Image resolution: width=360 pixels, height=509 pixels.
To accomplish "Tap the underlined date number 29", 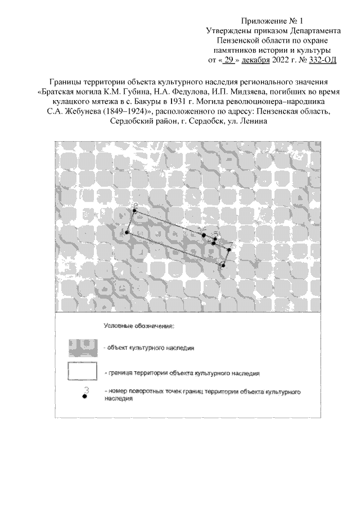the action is pyautogui.click(x=229, y=60).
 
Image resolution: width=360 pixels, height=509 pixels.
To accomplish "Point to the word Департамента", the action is pyautogui.click(x=315, y=31).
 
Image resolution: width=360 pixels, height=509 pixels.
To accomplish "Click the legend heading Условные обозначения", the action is pyautogui.click(x=139, y=326).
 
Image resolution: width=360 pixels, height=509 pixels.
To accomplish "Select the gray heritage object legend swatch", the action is pyautogui.click(x=83, y=348).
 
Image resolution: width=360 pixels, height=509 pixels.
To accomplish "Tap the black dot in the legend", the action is pyautogui.click(x=85, y=397).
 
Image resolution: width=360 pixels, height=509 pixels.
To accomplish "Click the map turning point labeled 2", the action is pyautogui.click(x=134, y=211).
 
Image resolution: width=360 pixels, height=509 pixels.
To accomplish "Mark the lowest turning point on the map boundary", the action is pyautogui.click(x=223, y=265).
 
